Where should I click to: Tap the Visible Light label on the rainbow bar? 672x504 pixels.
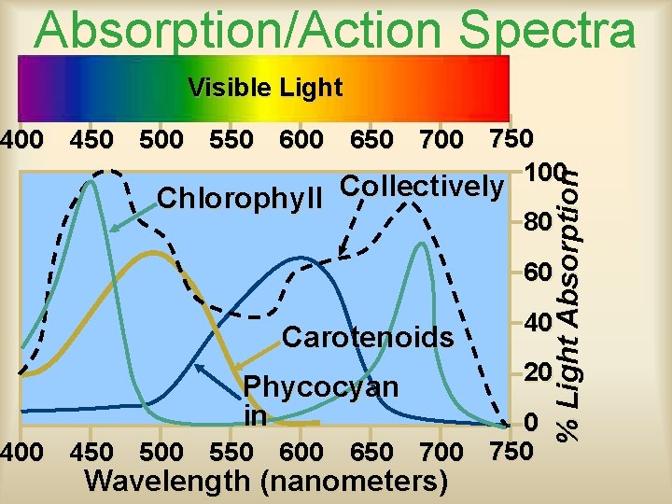coord(265,88)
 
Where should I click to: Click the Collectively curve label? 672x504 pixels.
coord(421,186)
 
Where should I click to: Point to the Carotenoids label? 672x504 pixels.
coord(367,336)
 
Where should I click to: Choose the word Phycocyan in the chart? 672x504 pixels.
coord(320,386)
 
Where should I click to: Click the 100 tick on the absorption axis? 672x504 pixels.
coord(544,174)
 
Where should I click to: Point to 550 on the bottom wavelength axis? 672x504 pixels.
coord(231,452)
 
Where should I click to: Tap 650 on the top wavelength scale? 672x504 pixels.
coord(371,140)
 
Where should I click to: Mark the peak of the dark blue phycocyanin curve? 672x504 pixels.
coord(301,257)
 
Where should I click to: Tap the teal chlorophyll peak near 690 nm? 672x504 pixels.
coord(422,244)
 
